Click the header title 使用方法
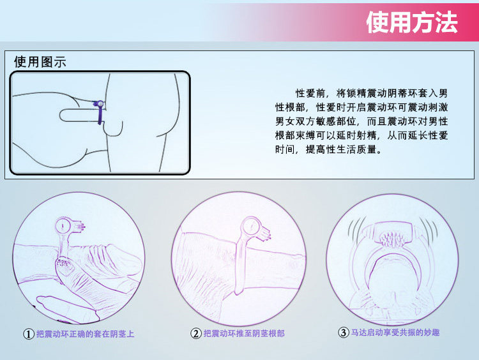pyautogui.click(x=412, y=22)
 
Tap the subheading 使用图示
pyautogui.click(x=40, y=62)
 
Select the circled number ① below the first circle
pyautogui.click(x=29, y=334)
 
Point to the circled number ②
pyautogui.click(x=195, y=333)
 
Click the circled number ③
pyautogui.click(x=343, y=332)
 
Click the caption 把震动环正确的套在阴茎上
pyautogui.click(x=85, y=334)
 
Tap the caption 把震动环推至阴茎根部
pyautogui.click(x=244, y=333)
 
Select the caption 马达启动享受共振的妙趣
pyautogui.click(x=395, y=332)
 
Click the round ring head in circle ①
pyautogui.click(x=63, y=226)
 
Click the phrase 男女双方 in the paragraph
pyautogui.click(x=295, y=121)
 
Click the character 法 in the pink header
pyautogui.click(x=446, y=22)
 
